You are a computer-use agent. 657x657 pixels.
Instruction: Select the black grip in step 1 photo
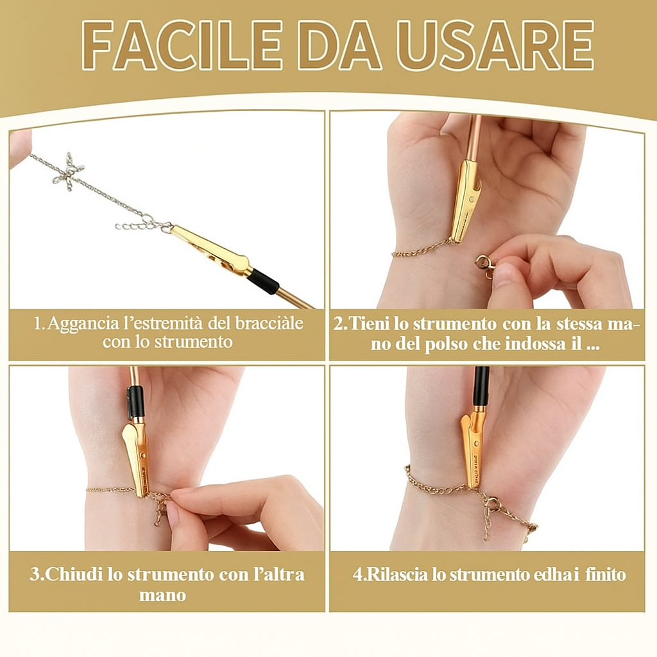pyautogui.click(x=264, y=280)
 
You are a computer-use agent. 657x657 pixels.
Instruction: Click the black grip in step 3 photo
pyautogui.click(x=135, y=402)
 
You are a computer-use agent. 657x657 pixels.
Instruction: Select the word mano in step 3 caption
pyautogui.click(x=162, y=595)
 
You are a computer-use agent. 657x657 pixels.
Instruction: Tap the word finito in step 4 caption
pyautogui.click(x=605, y=574)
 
